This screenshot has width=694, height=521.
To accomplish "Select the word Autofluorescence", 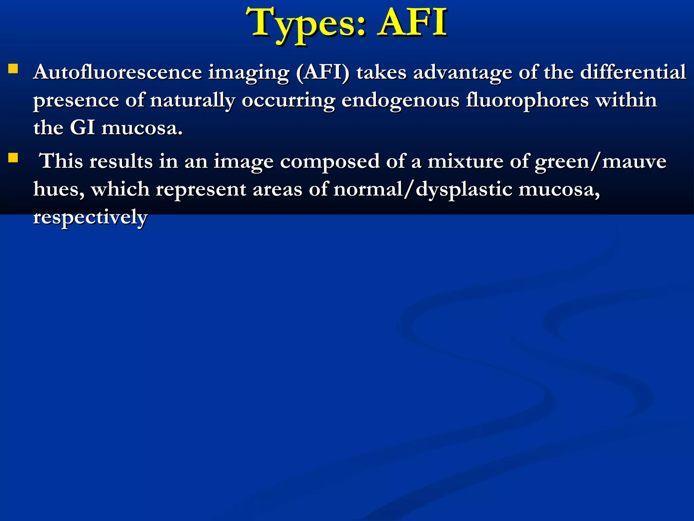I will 117,72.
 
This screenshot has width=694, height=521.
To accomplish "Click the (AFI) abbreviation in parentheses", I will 322,73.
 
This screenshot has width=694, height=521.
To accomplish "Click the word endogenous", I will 400,101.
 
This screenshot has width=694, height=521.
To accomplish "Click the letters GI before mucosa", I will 82,128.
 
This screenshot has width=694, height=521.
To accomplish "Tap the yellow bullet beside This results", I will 13,158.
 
